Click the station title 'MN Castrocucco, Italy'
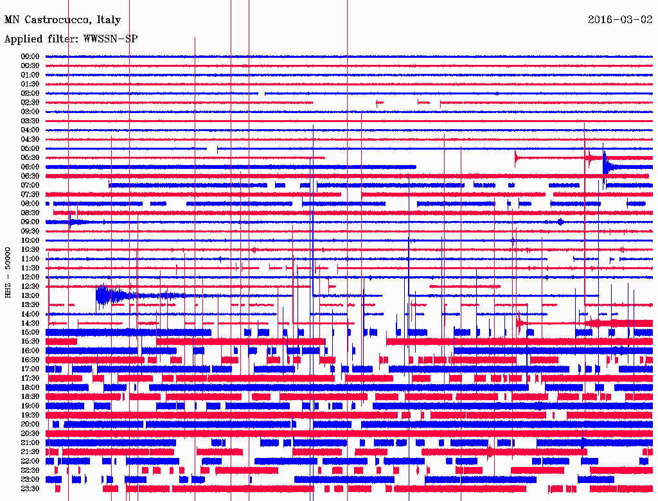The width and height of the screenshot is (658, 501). (62, 20)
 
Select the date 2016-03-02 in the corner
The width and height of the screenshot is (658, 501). (619, 20)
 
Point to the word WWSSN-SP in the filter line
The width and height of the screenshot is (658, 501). (111, 39)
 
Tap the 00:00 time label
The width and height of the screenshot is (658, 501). (30, 57)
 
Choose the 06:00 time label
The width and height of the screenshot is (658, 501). (30, 167)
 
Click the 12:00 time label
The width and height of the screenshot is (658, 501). (30, 277)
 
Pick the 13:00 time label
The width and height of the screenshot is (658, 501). (30, 295)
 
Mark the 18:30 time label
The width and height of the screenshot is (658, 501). (30, 396)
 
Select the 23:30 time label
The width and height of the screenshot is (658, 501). (30, 488)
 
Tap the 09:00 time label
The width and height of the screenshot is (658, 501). (30, 222)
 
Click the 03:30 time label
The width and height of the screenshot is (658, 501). (30, 121)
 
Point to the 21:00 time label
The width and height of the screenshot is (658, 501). (30, 443)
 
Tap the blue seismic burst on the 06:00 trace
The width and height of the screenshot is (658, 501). (607, 166)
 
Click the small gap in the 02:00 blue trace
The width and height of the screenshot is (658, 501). (262, 93)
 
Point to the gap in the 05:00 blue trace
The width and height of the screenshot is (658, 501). (212, 148)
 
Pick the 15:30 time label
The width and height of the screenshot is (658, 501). (30, 341)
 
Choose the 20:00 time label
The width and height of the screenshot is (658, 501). (30, 424)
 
